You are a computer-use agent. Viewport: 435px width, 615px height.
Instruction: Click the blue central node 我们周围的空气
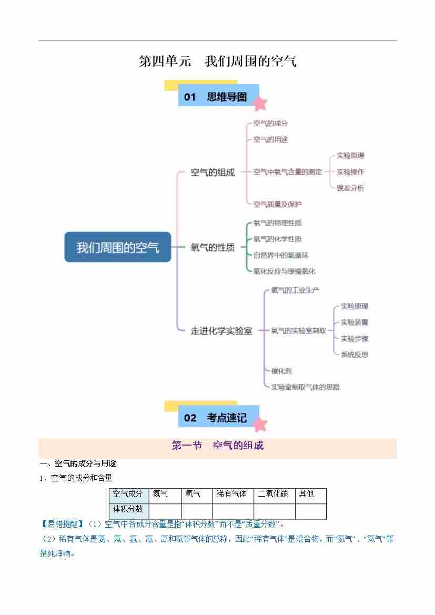point(118,247)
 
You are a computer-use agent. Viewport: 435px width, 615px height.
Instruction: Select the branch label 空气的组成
point(213,173)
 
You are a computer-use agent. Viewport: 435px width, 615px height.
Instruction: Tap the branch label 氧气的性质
point(213,247)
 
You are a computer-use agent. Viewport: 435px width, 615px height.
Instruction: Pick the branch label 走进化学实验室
point(221,331)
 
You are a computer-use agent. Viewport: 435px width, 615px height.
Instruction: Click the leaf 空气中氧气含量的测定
point(287,172)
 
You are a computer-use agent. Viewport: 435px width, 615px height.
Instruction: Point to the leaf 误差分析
point(350,188)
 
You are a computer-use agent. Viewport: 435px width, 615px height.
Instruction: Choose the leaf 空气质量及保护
point(278,204)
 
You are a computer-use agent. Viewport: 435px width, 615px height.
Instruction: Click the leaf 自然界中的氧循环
point(281,255)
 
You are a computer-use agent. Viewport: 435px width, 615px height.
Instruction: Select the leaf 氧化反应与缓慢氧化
point(285,271)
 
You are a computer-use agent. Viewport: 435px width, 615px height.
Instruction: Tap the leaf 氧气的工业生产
point(295,290)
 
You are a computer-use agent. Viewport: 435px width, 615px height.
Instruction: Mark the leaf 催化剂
point(281,371)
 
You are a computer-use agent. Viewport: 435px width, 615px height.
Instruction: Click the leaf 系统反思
point(354,355)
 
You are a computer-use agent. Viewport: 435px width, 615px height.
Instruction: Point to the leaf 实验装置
point(354,322)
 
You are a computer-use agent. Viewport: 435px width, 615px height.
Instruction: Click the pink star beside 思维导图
point(260,103)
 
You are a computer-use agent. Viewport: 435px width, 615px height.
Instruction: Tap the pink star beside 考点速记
point(260,424)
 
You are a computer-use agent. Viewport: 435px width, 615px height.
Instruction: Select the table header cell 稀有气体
point(232,494)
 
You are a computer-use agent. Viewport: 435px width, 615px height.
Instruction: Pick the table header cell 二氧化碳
point(274,494)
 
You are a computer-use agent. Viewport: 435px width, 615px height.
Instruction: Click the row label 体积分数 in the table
point(128,509)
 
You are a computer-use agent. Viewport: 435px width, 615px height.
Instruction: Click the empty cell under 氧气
point(197,511)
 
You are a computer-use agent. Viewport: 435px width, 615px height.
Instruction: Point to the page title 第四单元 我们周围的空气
point(217,61)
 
